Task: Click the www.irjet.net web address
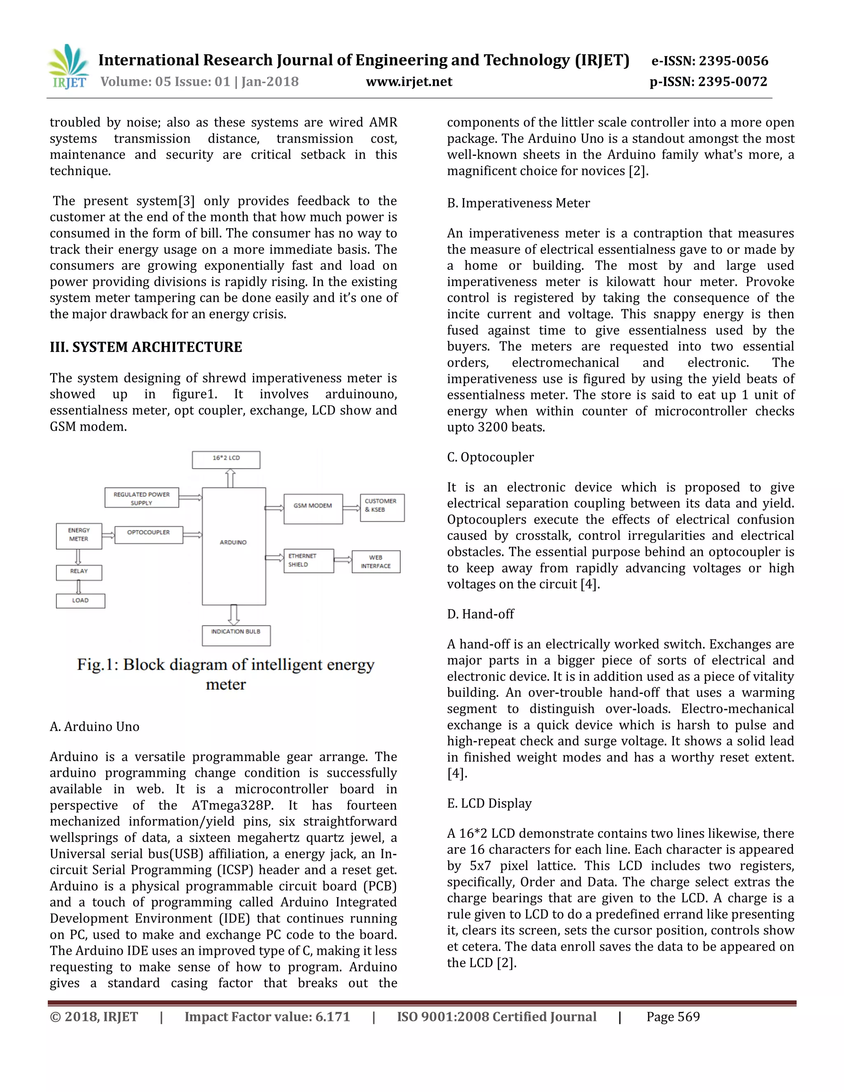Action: click(x=409, y=82)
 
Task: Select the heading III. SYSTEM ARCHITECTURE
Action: click(x=145, y=347)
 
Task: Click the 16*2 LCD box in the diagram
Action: click(x=226, y=459)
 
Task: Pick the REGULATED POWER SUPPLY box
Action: click(x=141, y=498)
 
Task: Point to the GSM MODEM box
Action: click(x=313, y=509)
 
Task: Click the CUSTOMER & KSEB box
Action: click(x=382, y=508)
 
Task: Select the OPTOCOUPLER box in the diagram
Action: click(x=148, y=534)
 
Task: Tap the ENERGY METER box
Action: click(x=79, y=536)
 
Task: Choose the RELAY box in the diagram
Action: click(x=79, y=572)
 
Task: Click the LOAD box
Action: click(x=80, y=600)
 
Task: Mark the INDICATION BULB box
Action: click(x=236, y=635)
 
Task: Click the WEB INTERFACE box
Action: click(x=376, y=562)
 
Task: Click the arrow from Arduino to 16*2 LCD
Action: click(x=230, y=478)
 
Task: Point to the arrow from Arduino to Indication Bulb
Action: click(x=234, y=614)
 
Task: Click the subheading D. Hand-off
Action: click(x=480, y=614)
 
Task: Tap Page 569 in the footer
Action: click(x=673, y=1017)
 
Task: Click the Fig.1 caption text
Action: click(x=225, y=674)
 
